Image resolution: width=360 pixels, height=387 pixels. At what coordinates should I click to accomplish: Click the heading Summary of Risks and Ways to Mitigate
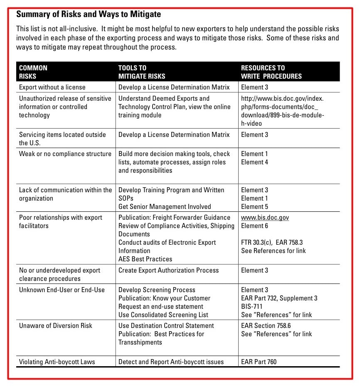pos(88,15)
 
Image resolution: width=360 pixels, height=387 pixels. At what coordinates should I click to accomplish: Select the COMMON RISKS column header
pos(33,72)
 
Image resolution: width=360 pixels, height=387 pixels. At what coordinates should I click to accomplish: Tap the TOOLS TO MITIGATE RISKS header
pos(142,72)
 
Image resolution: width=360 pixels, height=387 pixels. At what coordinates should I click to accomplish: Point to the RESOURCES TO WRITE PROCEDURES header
pos(271,72)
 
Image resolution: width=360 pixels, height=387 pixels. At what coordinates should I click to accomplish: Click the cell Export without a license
pos(52,87)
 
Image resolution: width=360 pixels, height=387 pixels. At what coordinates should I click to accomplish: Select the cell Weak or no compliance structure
pos(65,154)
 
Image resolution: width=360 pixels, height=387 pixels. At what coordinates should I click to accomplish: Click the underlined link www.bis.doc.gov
pos(265,218)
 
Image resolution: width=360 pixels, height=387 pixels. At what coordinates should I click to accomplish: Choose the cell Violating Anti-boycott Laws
pos(57,362)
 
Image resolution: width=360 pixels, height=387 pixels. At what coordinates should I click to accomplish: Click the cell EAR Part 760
pos(259,362)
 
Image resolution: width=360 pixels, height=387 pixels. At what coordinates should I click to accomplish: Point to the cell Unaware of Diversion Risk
pos(56,326)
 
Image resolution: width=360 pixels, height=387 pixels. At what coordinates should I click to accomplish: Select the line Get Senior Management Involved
pos(165,207)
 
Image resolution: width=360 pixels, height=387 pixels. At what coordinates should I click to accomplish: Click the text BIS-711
pos(252,307)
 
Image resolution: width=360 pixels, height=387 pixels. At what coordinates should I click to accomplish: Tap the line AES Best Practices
pos(145,259)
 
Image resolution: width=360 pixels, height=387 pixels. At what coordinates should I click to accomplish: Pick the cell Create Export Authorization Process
pos(168,270)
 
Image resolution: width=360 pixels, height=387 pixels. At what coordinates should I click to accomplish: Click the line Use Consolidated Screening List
pos(163,315)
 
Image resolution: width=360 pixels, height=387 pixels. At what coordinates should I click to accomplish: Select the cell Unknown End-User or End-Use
pos(62,290)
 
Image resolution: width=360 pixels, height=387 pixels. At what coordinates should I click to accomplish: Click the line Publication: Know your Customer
pos(164,298)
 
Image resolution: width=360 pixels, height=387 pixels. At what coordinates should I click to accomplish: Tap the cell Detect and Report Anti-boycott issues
pos(171,362)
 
